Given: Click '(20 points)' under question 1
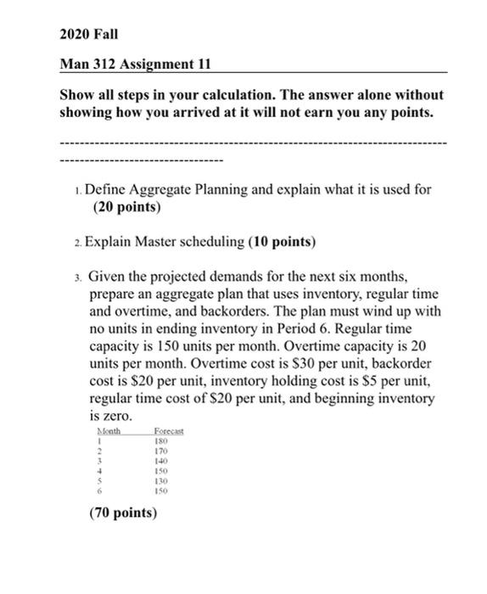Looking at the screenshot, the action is tap(124, 206).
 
